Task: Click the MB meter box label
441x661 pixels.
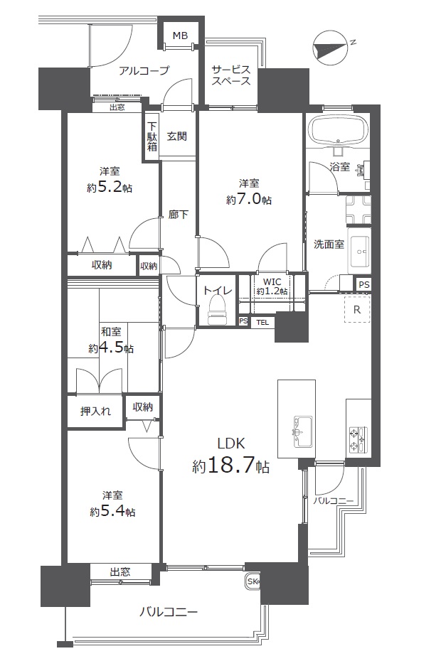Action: (180, 36)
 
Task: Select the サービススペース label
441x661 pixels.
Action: (231, 75)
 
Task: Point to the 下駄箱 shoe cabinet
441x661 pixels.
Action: (152, 136)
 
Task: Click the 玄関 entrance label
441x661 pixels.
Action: (177, 136)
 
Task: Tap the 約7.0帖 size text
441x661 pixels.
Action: (248, 199)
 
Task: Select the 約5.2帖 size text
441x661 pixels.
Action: (110, 187)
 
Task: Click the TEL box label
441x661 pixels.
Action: (262, 323)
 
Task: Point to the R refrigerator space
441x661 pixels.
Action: (357, 309)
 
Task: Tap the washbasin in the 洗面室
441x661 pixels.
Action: (359, 250)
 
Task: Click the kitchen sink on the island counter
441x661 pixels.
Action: (302, 431)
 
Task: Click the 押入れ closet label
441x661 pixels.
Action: (95, 411)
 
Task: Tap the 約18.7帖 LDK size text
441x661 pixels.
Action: (231, 466)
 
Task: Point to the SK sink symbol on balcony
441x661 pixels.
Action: (253, 581)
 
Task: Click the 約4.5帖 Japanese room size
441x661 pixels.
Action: (111, 349)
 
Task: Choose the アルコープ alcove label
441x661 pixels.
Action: (144, 70)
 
